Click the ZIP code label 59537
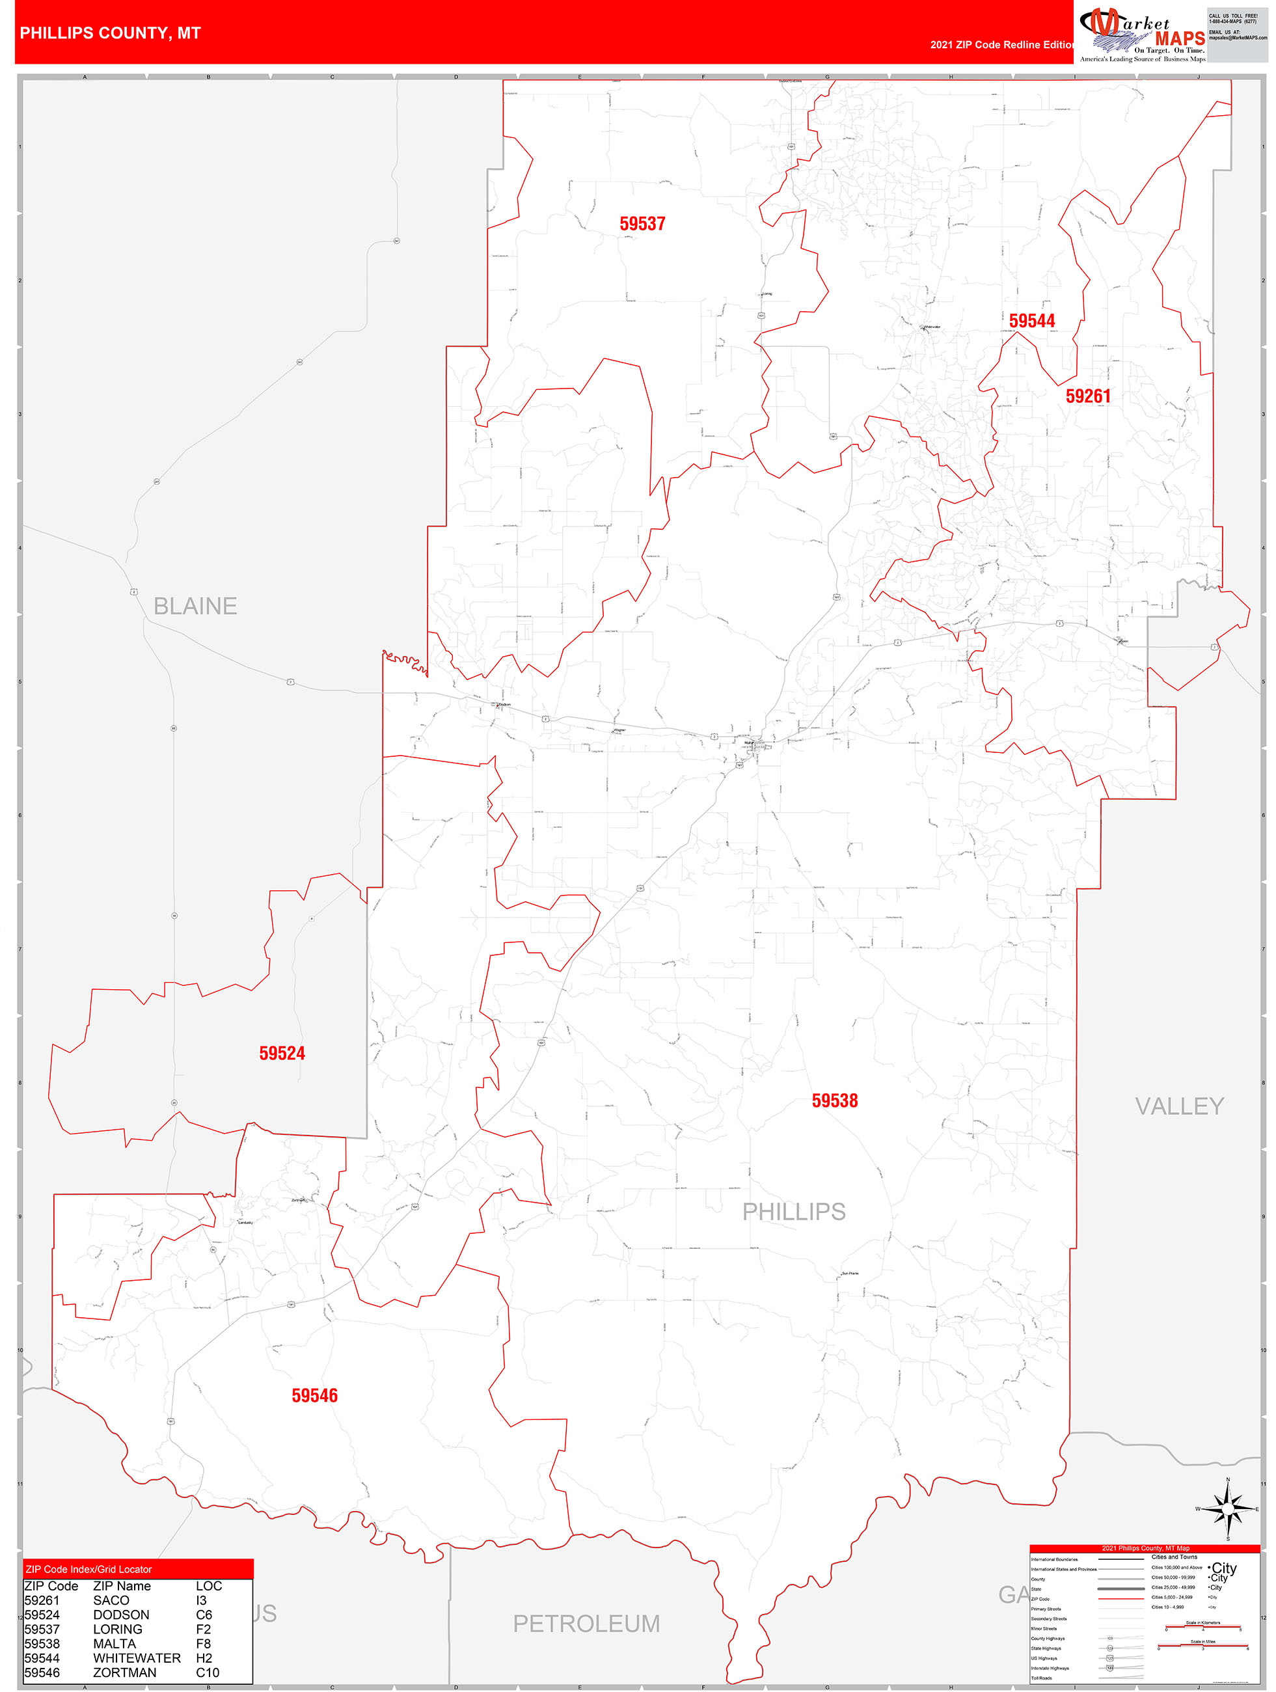pyautogui.click(x=642, y=224)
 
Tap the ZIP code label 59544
pyautogui.click(x=1031, y=321)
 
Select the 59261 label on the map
pyautogui.click(x=1087, y=396)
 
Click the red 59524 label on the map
pyautogui.click(x=282, y=1054)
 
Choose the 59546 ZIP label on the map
pyautogui.click(x=314, y=1396)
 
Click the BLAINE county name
pyautogui.click(x=195, y=607)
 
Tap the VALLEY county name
pyautogui.click(x=1179, y=1106)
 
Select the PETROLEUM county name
pyautogui.click(x=586, y=1623)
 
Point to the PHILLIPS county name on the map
pyautogui.click(x=793, y=1212)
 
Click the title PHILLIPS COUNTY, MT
pyautogui.click(x=110, y=34)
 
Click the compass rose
pyautogui.click(x=1228, y=1509)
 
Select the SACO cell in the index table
pyautogui.click(x=111, y=1600)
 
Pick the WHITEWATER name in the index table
pyautogui.click(x=137, y=1658)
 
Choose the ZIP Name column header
pyautogui.click(x=122, y=1587)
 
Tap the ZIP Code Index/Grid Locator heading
pyautogui.click(x=88, y=1570)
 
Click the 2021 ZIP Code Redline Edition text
pyautogui.click(x=1001, y=45)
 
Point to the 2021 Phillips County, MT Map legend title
pyautogui.click(x=1145, y=1548)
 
